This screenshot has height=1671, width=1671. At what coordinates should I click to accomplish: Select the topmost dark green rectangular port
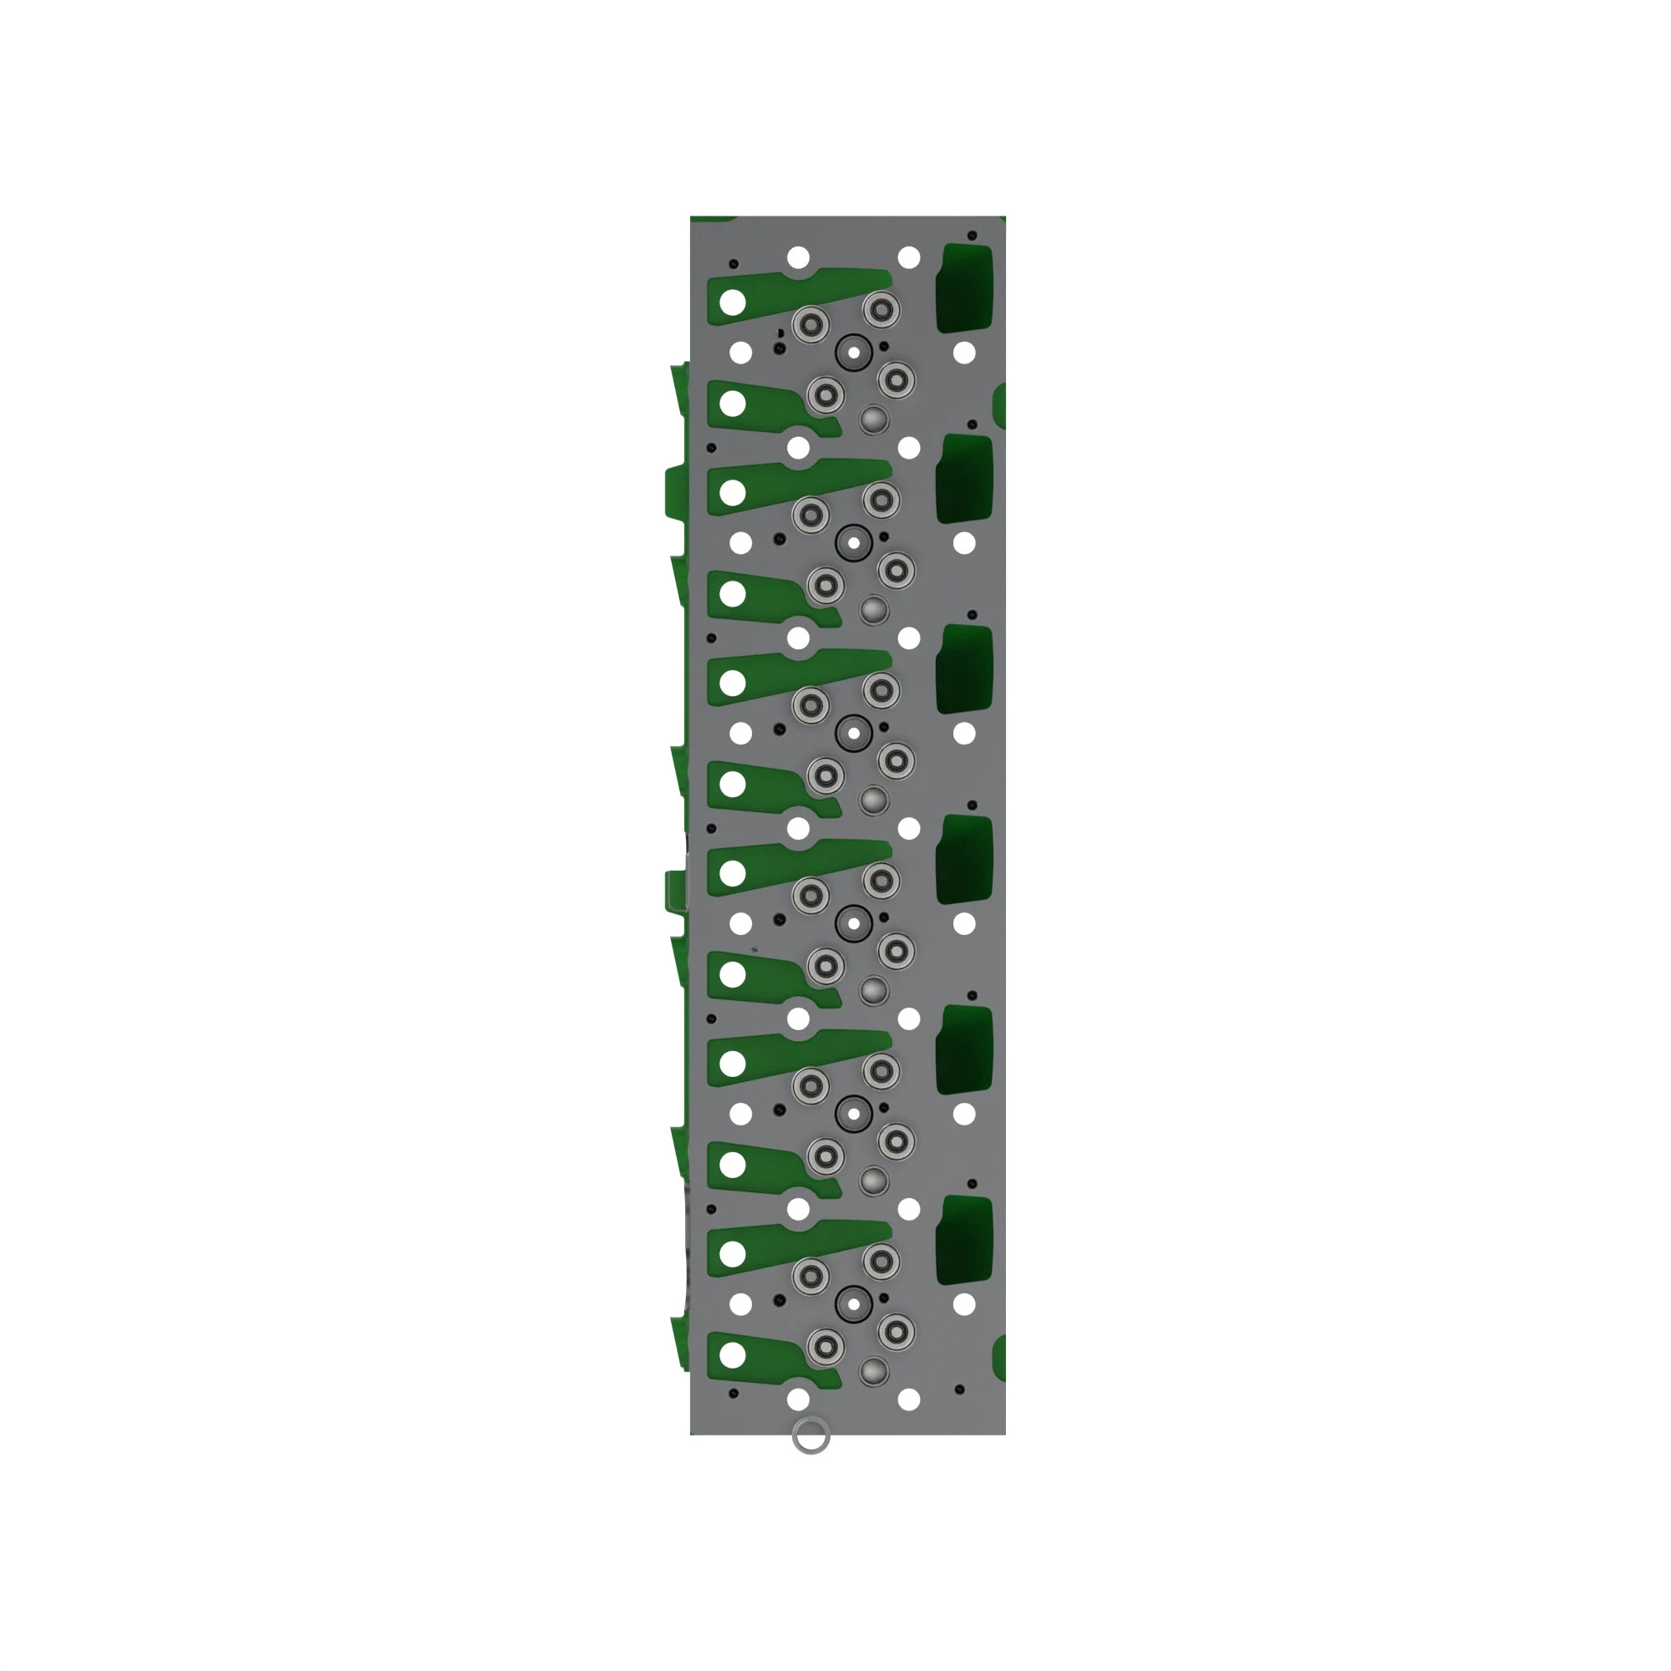[x=963, y=288]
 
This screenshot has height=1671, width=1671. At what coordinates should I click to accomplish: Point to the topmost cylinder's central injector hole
[x=854, y=353]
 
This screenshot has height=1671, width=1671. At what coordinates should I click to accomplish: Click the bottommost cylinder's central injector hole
[x=854, y=1304]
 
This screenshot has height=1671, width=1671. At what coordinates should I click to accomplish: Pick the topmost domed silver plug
[x=874, y=420]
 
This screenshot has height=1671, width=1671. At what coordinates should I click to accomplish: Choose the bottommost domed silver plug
[x=874, y=1371]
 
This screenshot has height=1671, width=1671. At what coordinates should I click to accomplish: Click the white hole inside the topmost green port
[x=733, y=302]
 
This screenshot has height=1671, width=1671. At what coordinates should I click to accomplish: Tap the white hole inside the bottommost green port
[x=733, y=1355]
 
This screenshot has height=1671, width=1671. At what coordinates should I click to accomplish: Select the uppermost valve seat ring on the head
[x=881, y=309]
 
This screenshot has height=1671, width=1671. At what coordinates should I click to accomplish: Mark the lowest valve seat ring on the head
[x=825, y=1347]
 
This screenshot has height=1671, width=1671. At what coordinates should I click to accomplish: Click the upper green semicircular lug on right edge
[x=1000, y=404]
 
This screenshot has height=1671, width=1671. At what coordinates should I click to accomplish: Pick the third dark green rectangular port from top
[x=963, y=668]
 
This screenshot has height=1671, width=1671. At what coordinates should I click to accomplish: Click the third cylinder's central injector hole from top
[x=854, y=734]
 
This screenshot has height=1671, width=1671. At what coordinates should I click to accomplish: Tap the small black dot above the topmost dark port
[x=973, y=236]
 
